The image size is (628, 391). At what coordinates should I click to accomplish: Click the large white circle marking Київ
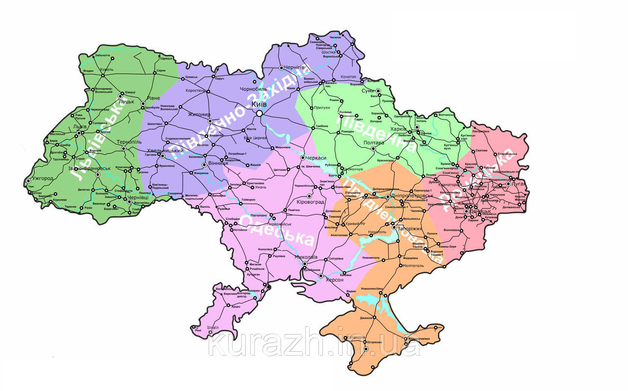[259, 113]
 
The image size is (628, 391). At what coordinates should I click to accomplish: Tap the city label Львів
[79, 126]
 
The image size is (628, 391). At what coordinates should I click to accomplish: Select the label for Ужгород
[41, 178]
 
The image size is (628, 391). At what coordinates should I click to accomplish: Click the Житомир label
[199, 115]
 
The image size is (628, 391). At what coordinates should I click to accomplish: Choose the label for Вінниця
[218, 163]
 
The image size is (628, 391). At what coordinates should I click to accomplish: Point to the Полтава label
[372, 142]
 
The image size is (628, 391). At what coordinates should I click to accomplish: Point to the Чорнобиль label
[253, 89]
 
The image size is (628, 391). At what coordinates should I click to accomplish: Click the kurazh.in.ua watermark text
[314, 345]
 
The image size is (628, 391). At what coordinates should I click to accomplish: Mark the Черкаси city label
[315, 158]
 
